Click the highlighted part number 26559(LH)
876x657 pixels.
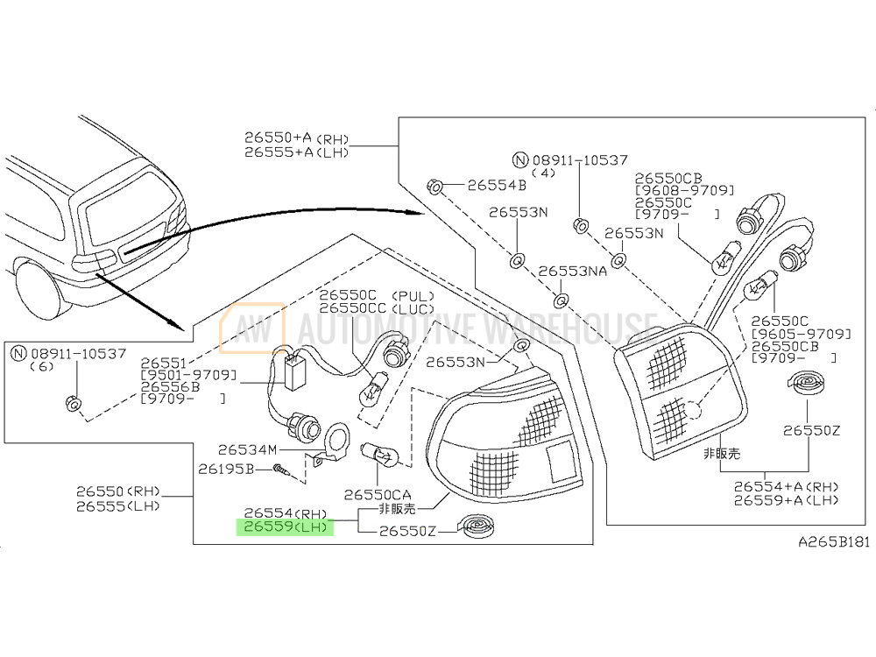[286, 526]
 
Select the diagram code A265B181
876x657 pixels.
[834, 541]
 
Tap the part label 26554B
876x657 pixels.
[497, 185]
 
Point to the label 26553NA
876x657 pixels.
[572, 271]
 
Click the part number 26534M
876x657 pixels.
[247, 449]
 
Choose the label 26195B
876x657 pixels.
[226, 469]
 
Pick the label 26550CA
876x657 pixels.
[377, 494]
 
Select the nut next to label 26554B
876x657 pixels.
[435, 186]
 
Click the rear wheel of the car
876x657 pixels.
[38, 292]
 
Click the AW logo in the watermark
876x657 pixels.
[252, 328]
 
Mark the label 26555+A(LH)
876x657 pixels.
[296, 152]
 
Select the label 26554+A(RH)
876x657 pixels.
[786, 486]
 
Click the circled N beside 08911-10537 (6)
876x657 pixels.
[19, 353]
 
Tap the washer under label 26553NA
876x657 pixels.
[561, 301]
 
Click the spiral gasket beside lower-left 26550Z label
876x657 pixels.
[476, 526]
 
